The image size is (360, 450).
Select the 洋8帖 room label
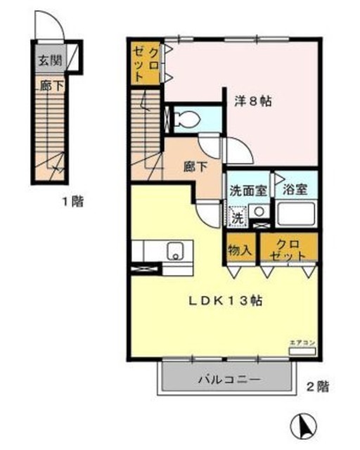(253, 101)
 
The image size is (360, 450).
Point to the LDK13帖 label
(225, 300)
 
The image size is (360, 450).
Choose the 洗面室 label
(245, 189)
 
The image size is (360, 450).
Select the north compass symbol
(303, 425)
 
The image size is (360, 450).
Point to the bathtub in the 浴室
(296, 213)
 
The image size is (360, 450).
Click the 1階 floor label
(72, 202)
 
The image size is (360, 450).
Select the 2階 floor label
(317, 386)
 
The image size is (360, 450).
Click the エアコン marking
(302, 342)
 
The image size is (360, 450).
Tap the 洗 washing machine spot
(238, 218)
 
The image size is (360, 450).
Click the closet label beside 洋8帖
(146, 63)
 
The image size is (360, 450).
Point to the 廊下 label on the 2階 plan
(195, 167)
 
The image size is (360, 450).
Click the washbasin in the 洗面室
(258, 211)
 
